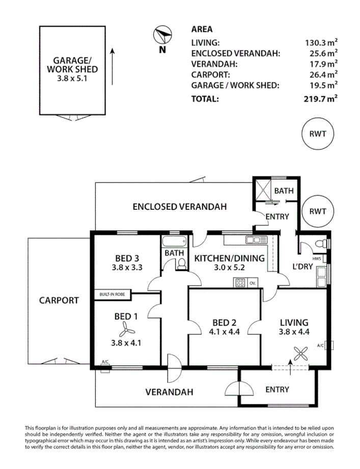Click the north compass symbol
click(x=162, y=35)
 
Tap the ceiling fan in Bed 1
click(x=127, y=332)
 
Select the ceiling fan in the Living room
click(x=300, y=354)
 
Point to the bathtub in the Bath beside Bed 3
click(x=174, y=241)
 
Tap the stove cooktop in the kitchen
click(x=240, y=282)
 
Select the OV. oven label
click(x=253, y=283)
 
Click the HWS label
click(x=317, y=258)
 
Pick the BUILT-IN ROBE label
click(x=112, y=294)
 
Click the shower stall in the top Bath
click(x=262, y=189)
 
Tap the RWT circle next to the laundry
click(x=318, y=211)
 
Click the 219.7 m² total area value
click(x=321, y=98)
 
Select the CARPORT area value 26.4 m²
click(x=324, y=74)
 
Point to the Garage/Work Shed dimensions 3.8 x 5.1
click(x=72, y=78)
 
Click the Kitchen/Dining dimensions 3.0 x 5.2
click(x=229, y=267)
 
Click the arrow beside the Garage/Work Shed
click(x=113, y=67)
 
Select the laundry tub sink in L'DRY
click(x=322, y=277)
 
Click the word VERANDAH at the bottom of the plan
click(x=169, y=392)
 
